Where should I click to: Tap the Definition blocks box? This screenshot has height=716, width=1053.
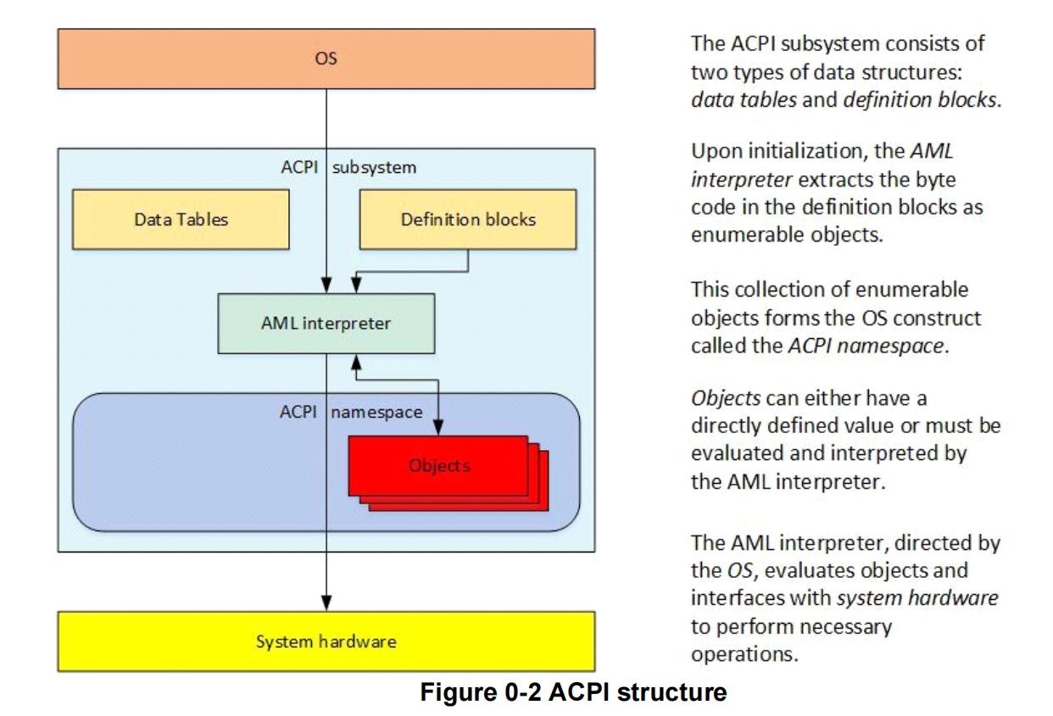[470, 219]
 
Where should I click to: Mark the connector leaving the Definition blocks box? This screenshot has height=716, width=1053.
[469, 260]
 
